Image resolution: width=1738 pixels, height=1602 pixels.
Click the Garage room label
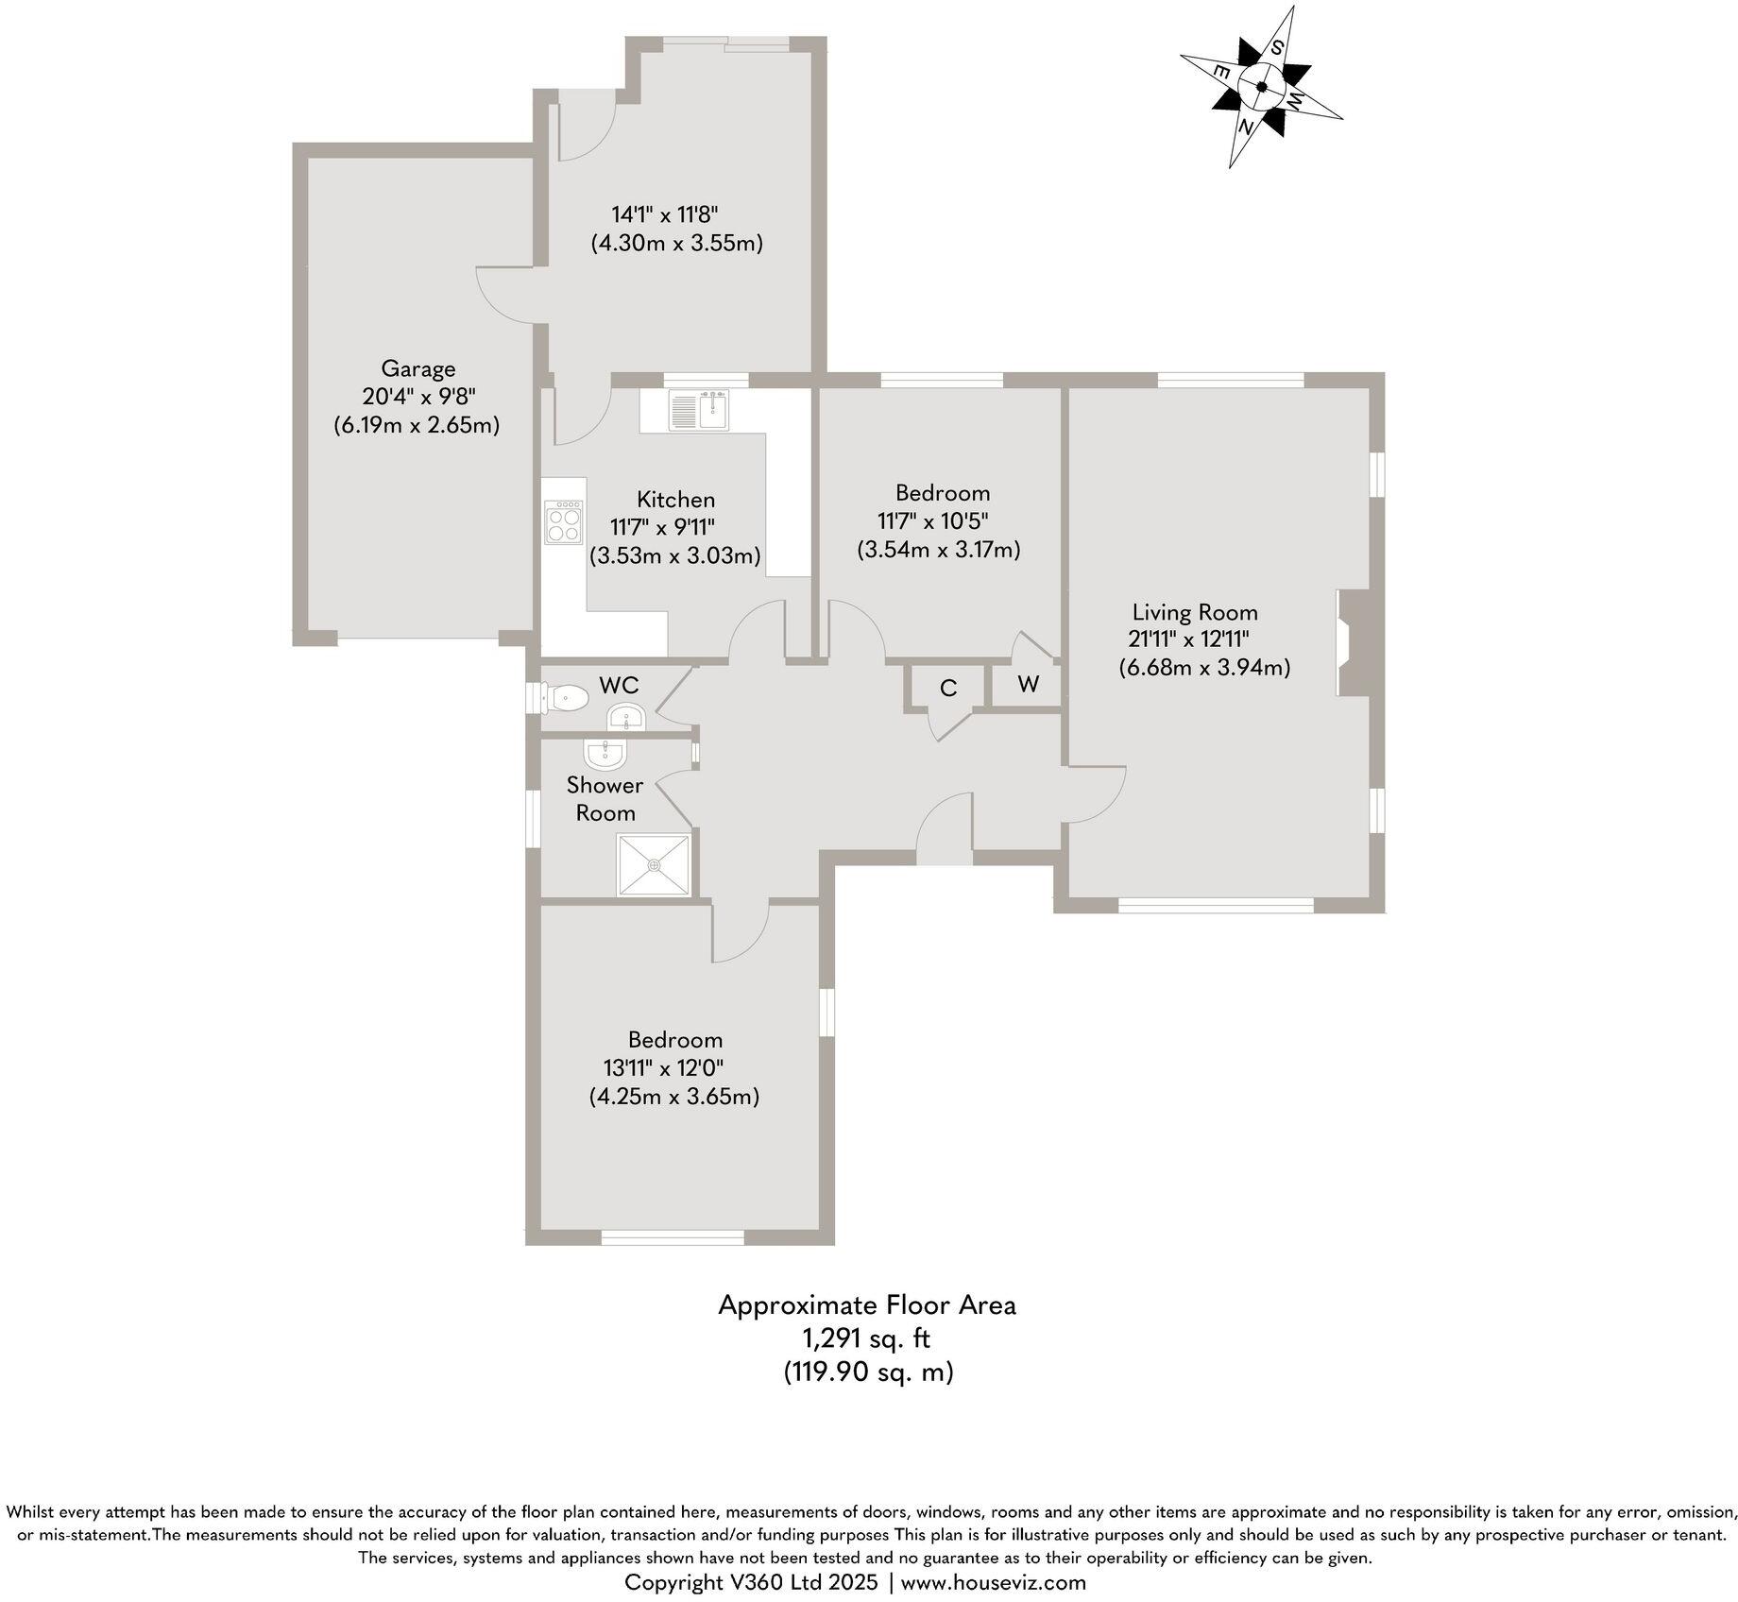pyautogui.click(x=417, y=368)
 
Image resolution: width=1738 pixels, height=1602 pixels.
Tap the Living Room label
pyautogui.click(x=1195, y=612)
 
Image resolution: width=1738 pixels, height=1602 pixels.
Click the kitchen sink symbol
pyautogui.click(x=699, y=410)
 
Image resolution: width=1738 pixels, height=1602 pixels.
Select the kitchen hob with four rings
pyautogui.click(x=564, y=521)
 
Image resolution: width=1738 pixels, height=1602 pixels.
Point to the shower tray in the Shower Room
pyautogui.click(x=654, y=864)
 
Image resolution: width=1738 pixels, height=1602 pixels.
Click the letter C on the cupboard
pyautogui.click(x=948, y=689)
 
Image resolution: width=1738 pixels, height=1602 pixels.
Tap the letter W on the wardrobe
pyautogui.click(x=1029, y=684)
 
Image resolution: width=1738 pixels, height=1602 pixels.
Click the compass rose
pyautogui.click(x=1262, y=87)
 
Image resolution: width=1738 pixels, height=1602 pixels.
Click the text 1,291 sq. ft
pyautogui.click(x=866, y=1338)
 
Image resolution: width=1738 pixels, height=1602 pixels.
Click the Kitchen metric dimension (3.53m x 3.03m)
pyautogui.click(x=674, y=555)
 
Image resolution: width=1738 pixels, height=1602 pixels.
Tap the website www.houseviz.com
pyautogui.click(x=994, y=1582)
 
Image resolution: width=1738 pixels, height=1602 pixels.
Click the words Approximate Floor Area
pyautogui.click(x=866, y=1304)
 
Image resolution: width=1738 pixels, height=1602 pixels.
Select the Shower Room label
pyautogui.click(x=605, y=798)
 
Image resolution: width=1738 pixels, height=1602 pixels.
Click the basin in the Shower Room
pyautogui.click(x=604, y=754)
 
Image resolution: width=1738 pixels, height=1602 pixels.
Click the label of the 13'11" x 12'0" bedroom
pyautogui.click(x=675, y=1040)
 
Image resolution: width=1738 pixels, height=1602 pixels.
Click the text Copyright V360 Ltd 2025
pyautogui.click(x=752, y=1582)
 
